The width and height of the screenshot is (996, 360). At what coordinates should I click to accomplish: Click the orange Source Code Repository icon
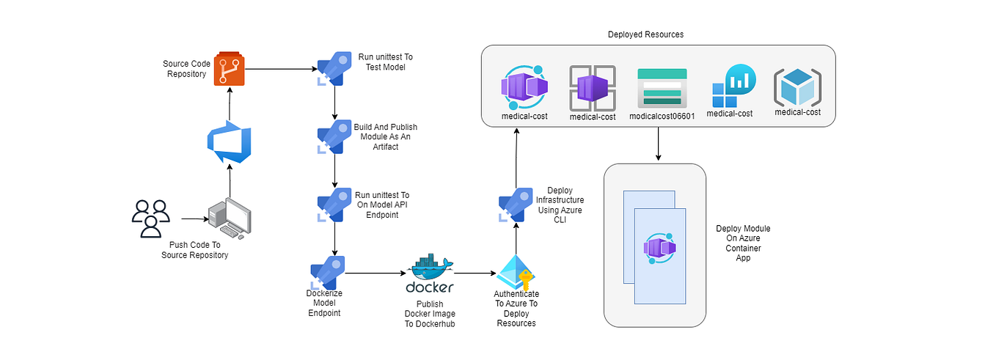[229, 70]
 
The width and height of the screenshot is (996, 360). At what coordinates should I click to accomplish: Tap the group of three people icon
[150, 218]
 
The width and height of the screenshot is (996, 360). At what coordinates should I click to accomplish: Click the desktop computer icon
[229, 218]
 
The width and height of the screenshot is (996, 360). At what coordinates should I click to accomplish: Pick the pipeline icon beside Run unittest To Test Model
[331, 68]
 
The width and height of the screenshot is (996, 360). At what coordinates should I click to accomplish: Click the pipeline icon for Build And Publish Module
[331, 136]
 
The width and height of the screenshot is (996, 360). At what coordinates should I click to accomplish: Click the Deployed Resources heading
[645, 34]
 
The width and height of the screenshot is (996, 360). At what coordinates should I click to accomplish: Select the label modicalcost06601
[662, 116]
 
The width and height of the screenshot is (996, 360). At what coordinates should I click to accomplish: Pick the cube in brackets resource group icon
[797, 87]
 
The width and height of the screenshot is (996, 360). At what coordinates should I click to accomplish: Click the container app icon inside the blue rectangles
[659, 248]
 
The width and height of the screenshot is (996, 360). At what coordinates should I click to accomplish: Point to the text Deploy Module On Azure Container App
[743, 243]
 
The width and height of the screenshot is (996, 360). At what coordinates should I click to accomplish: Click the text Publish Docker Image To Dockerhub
[430, 314]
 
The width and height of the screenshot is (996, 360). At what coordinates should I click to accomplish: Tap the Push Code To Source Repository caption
[194, 250]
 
